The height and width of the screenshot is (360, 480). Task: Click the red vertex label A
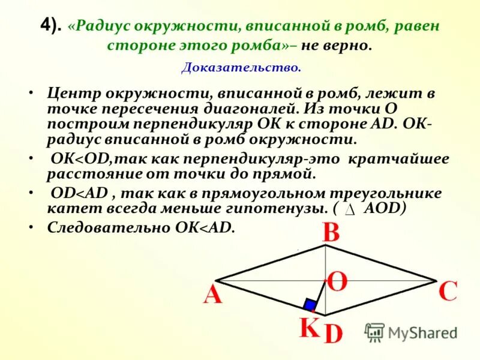[213, 295]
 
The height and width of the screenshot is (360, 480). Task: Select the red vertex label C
[448, 292]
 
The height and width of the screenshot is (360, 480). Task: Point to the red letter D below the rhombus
[333, 334]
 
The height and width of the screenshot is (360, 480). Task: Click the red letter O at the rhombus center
[337, 281]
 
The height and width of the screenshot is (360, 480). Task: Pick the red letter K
[310, 328]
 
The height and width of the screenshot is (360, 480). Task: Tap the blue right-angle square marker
[310, 304]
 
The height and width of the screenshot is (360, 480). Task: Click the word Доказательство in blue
[241, 68]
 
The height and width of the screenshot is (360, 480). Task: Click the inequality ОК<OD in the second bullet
[80, 159]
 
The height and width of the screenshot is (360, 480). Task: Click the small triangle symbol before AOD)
[352, 209]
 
